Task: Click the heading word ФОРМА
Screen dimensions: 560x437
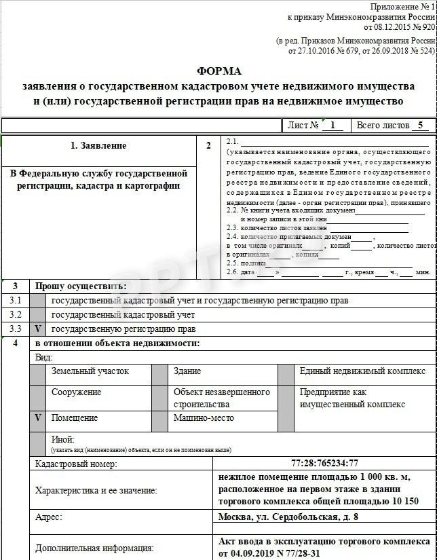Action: click(x=218, y=71)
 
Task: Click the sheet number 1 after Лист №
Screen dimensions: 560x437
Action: click(x=332, y=126)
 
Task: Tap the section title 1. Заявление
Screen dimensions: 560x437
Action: click(x=98, y=146)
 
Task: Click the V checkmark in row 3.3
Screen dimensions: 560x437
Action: click(x=38, y=329)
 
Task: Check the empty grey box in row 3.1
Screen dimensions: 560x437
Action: click(x=38, y=300)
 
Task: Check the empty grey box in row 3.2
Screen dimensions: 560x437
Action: click(x=38, y=315)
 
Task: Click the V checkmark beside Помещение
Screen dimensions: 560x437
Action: click(x=38, y=418)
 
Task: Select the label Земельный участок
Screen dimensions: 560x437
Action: click(x=90, y=371)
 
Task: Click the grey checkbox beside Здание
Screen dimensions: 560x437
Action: click(x=159, y=374)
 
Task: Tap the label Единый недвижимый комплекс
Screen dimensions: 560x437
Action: click(x=362, y=371)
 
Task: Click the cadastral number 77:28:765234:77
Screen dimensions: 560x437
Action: click(x=324, y=464)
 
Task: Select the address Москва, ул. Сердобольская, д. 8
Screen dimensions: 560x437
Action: click(x=288, y=517)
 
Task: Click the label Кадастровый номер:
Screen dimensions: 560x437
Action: click(x=76, y=464)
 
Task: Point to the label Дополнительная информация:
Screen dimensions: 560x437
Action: click(x=94, y=548)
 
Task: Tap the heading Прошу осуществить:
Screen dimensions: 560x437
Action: click(x=81, y=286)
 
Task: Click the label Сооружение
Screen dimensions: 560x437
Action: click(x=77, y=392)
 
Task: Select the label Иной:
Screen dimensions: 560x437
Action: click(x=63, y=440)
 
